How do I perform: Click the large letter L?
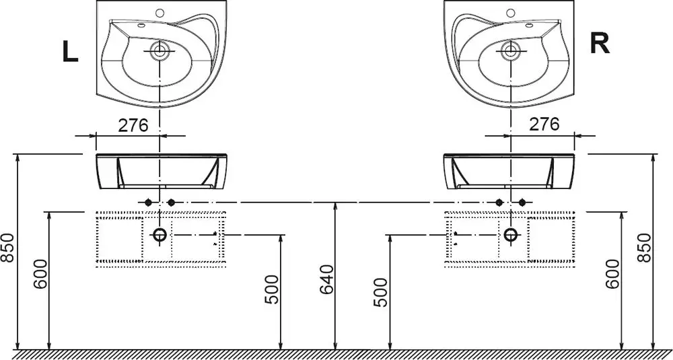[71, 52]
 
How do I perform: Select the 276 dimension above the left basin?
[133, 125]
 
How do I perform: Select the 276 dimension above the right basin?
[544, 124]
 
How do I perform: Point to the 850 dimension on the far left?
[7, 248]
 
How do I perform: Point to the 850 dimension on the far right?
[645, 248]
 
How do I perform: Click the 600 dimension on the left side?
[40, 274]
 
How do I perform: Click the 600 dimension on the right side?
[613, 274]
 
